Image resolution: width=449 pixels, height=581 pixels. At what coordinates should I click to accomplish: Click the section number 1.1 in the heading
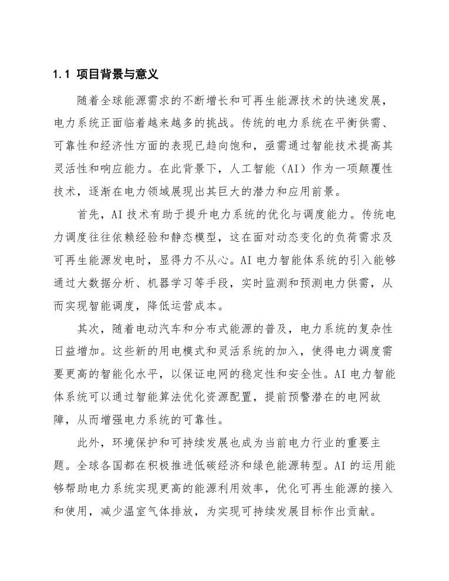pos(62,75)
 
